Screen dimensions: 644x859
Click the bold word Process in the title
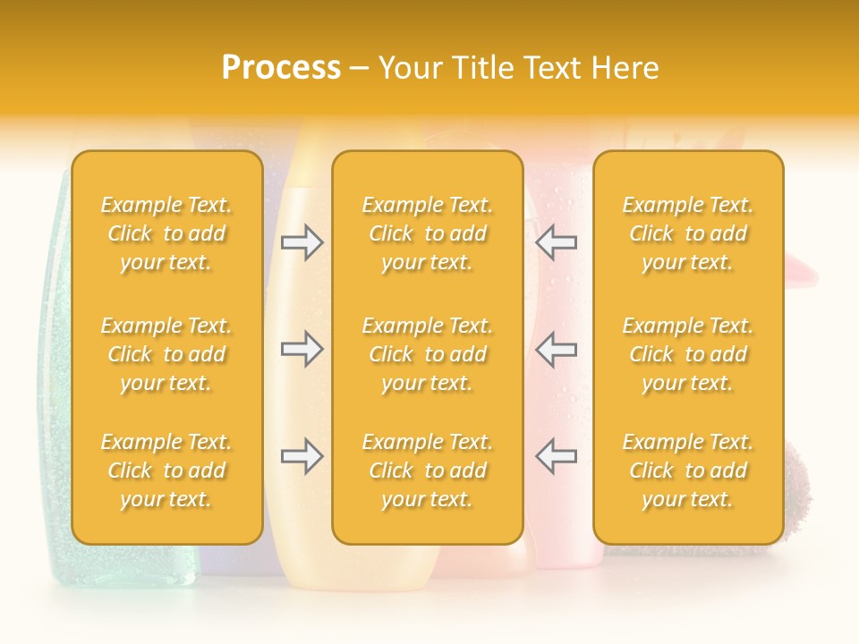(x=281, y=68)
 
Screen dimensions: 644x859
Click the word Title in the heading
(x=483, y=68)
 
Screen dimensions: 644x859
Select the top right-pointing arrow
(x=302, y=242)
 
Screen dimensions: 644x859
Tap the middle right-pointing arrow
(x=302, y=349)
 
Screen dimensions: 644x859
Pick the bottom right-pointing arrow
(x=302, y=456)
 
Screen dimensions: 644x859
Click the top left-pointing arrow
(x=556, y=242)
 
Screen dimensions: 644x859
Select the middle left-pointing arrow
(x=556, y=349)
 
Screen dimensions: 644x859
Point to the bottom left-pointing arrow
(x=556, y=456)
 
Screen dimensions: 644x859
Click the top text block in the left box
(x=166, y=233)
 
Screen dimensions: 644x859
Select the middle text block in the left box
(x=166, y=354)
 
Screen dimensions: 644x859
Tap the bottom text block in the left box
(x=166, y=470)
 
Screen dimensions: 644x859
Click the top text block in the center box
(x=427, y=233)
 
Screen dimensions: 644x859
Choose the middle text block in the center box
(x=427, y=354)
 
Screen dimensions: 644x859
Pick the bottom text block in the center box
(x=427, y=470)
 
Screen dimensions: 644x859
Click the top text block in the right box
(x=687, y=233)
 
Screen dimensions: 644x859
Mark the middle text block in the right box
(x=687, y=354)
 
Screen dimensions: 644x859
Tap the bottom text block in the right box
(x=687, y=470)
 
